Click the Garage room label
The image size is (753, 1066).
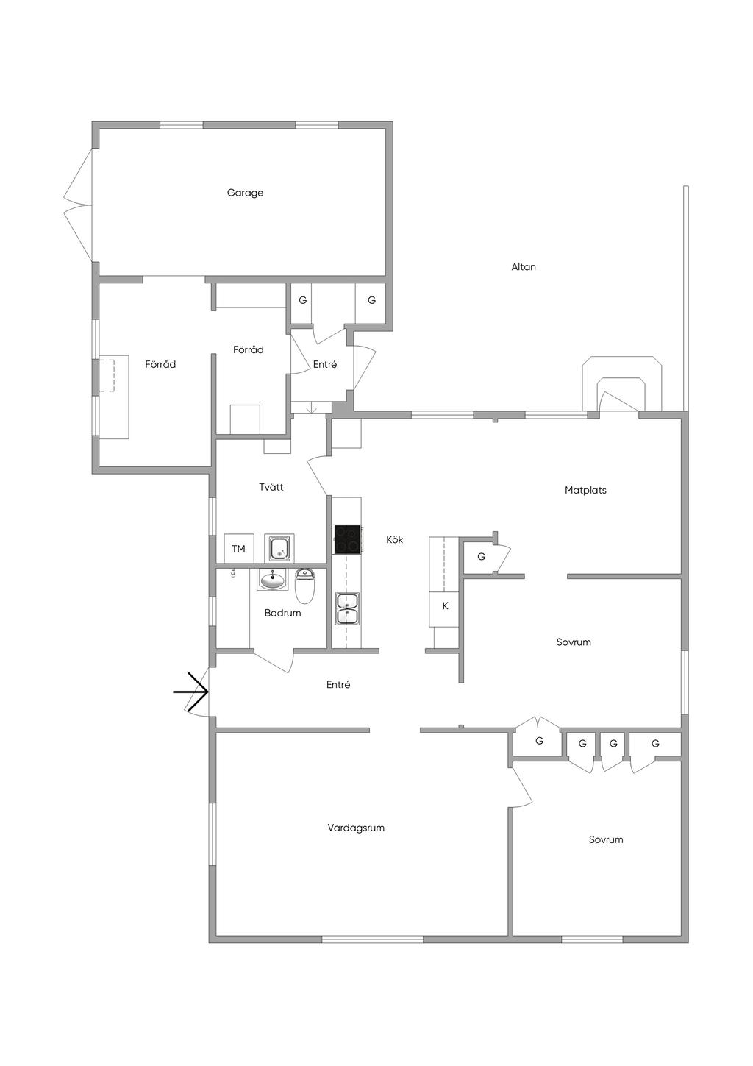pyautogui.click(x=245, y=193)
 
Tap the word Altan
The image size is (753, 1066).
pyautogui.click(x=524, y=267)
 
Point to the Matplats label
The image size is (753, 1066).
pyautogui.click(x=585, y=490)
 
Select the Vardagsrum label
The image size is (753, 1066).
pyautogui.click(x=356, y=828)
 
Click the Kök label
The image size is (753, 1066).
pyautogui.click(x=394, y=539)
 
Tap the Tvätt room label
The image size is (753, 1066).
pyautogui.click(x=271, y=487)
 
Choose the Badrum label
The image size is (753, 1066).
pyautogui.click(x=282, y=613)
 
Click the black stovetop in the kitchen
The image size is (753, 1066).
pyautogui.click(x=347, y=539)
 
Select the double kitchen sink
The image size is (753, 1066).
pyautogui.click(x=347, y=608)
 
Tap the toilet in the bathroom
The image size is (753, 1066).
pyautogui.click(x=305, y=586)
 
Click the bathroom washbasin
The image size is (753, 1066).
pyautogui.click(x=273, y=580)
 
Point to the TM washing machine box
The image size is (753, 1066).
pyautogui.click(x=239, y=549)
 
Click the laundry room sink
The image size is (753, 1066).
pyautogui.click(x=279, y=548)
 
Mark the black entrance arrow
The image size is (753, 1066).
pyautogui.click(x=190, y=692)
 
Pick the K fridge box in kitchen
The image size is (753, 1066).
pyautogui.click(x=444, y=605)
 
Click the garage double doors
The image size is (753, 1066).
pyautogui.click(x=79, y=205)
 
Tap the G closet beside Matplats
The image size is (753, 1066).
pyautogui.click(x=482, y=556)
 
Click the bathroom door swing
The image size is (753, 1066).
pyautogui.click(x=274, y=661)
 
